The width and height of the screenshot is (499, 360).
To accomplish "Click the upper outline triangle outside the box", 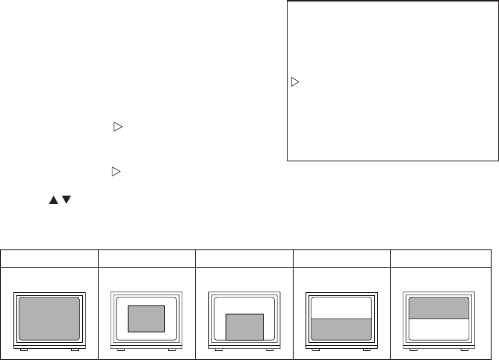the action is point(116,127).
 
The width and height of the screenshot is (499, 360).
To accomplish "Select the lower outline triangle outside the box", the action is point(116,172).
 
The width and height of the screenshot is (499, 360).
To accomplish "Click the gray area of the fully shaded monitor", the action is point(49,317).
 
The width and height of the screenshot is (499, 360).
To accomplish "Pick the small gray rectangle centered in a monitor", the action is point(146,318).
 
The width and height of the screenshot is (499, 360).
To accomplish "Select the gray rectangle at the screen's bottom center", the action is point(244,326).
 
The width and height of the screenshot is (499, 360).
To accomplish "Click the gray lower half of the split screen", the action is point(341,329).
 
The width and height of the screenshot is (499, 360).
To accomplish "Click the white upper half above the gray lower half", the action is point(341,308).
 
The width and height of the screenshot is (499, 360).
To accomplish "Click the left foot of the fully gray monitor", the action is point(24,349).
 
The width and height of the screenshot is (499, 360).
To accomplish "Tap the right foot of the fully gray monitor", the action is point(74,349).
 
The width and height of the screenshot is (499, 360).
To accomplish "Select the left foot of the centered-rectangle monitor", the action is point(121,349).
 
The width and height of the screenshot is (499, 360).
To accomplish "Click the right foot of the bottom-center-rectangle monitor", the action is point(269,349).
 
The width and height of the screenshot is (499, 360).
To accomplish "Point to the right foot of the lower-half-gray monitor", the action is point(366,349).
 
